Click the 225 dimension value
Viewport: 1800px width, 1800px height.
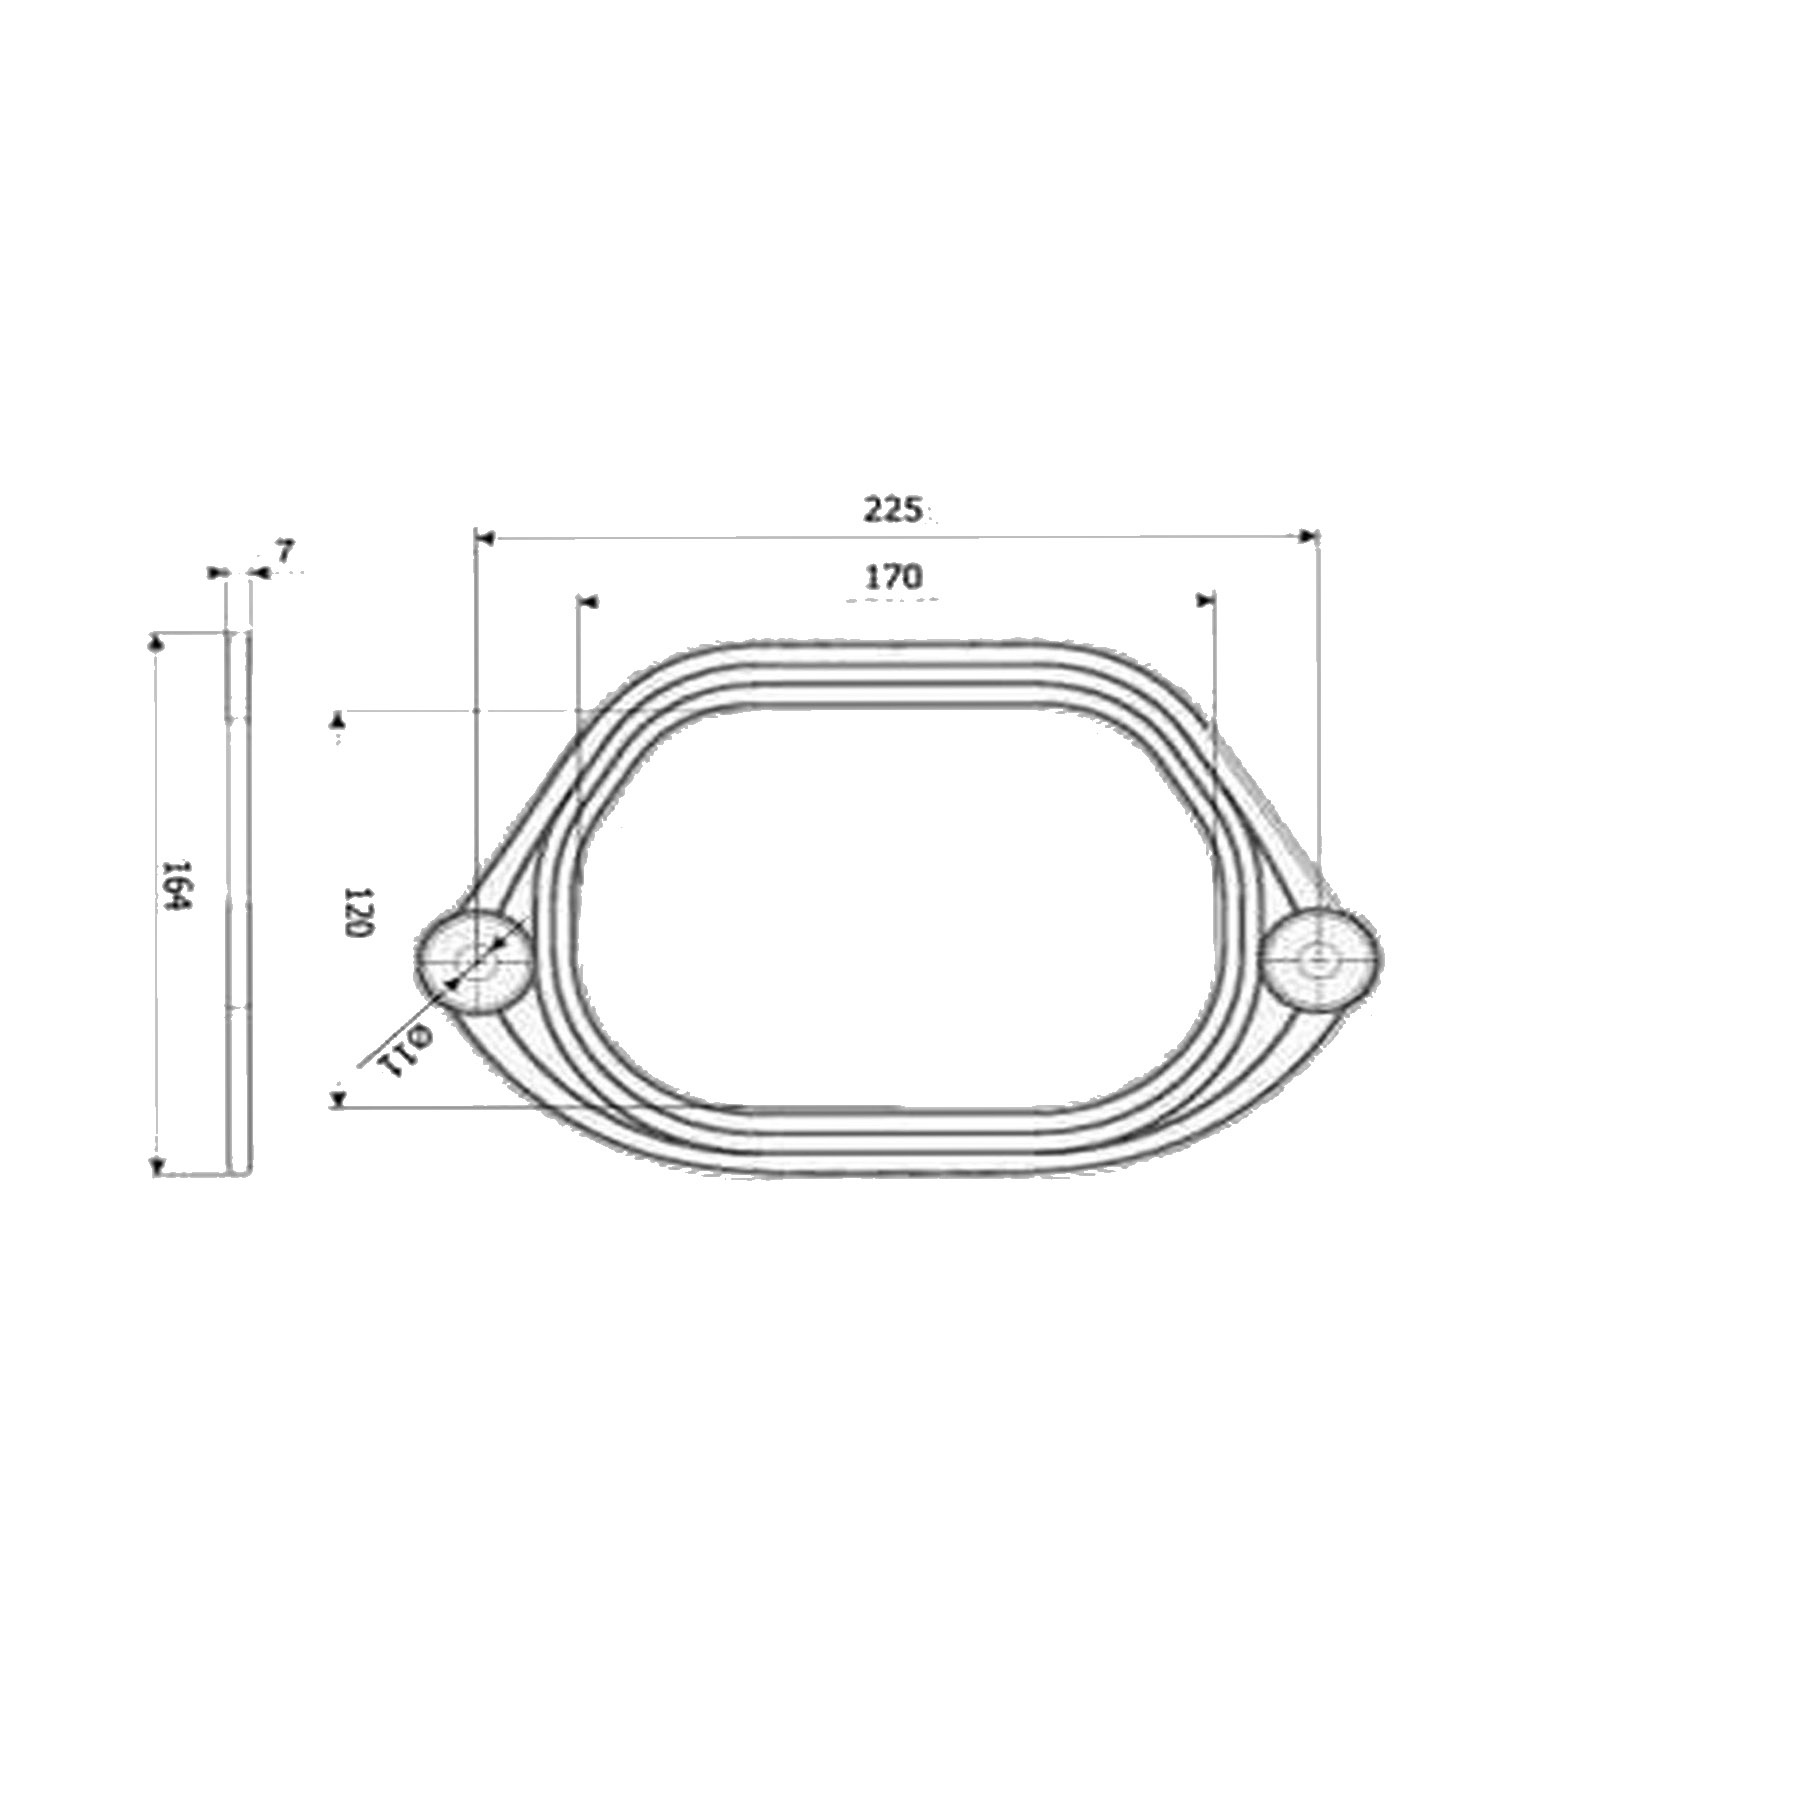[891, 509]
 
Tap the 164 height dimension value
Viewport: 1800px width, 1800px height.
[178, 885]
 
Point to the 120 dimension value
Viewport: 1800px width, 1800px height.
[358, 910]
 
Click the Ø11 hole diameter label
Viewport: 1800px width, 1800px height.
[404, 1049]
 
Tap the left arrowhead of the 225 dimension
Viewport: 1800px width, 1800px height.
[484, 538]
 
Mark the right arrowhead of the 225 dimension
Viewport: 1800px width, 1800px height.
[1308, 537]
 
